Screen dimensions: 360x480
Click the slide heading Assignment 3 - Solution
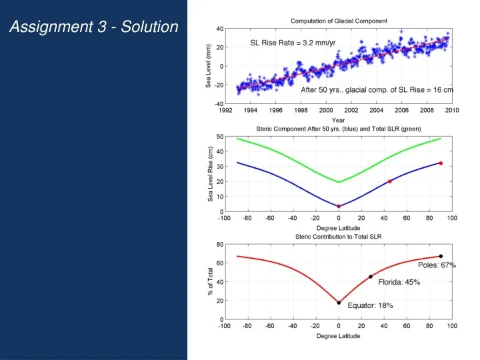pos(94,27)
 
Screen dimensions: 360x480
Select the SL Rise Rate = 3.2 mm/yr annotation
pos(293,43)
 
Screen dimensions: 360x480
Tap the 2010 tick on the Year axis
pos(451,110)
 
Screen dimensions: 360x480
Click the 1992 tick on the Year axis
pos(225,110)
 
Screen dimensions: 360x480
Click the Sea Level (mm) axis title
pos(208,66)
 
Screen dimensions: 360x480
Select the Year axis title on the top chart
pos(339,120)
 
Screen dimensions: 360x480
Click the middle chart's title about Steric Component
pos(339,128)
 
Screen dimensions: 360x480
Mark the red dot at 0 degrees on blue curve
pos(339,207)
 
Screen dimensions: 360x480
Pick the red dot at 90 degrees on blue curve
pos(441,163)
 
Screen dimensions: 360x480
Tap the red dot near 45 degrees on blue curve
pos(390,181)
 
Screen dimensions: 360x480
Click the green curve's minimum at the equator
pos(339,182)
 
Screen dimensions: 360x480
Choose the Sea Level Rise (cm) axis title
pos(210,174)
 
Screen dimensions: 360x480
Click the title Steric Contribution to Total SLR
pos(339,237)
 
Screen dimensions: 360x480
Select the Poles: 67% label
pos(437,265)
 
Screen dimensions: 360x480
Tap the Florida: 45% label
pos(399,282)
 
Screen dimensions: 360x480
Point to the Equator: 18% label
pos(370,305)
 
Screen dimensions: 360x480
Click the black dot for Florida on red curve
pos(371,277)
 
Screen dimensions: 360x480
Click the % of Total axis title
pos(211,282)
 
